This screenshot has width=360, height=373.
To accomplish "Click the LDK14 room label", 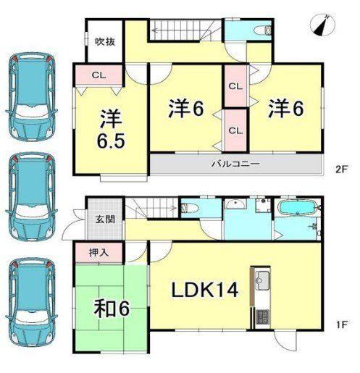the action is click(205, 290).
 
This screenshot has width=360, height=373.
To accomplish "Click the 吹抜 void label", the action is click(105, 42).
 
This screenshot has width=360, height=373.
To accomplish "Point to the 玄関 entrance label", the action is click(105, 219).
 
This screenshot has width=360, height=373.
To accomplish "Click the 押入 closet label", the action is click(99, 253).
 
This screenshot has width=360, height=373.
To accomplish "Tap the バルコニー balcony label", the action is click(236, 164).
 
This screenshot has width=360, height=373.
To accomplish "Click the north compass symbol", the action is click(322, 25).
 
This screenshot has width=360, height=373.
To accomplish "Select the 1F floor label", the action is click(342, 324).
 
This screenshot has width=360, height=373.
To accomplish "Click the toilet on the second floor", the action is click(264, 31).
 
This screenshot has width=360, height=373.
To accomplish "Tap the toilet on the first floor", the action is click(190, 208).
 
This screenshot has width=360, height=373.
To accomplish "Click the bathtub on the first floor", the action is click(297, 207).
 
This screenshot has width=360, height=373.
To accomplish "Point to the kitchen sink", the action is click(262, 280).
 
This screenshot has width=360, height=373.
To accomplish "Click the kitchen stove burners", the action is click(263, 317).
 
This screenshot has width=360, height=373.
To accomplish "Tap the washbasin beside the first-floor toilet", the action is click(235, 204).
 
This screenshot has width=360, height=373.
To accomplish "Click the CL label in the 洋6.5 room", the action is click(99, 75).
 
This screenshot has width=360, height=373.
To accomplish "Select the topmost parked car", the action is click(31, 97).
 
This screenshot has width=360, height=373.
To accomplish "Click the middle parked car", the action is click(31, 196).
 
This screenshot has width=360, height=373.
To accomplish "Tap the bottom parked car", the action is click(31, 302).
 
